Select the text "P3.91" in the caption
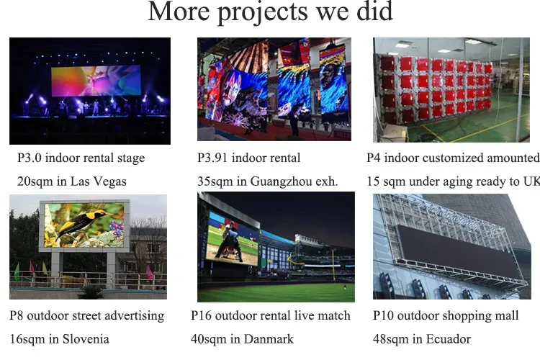(212, 158)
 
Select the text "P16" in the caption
(202, 315)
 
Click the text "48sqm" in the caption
(390, 338)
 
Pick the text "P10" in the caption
(384, 315)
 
